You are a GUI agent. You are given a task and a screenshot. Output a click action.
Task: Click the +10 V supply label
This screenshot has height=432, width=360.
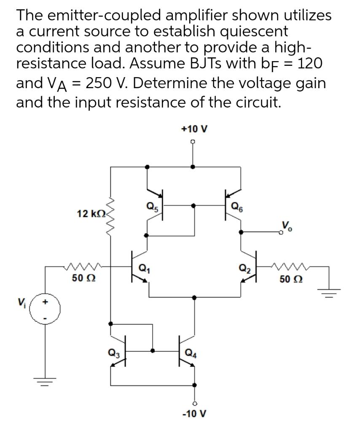193,129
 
